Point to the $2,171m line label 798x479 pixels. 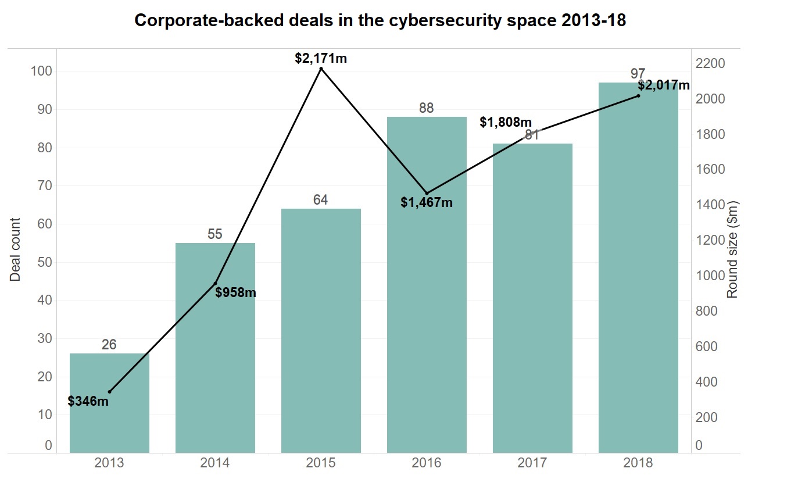click(x=321, y=58)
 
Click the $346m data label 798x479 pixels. click(x=88, y=401)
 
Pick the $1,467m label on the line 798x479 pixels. click(x=427, y=203)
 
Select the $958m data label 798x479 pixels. click(x=235, y=292)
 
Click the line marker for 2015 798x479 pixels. click(x=321, y=69)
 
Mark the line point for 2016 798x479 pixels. click(x=427, y=193)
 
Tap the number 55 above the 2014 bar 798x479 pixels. click(x=215, y=234)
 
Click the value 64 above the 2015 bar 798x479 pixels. click(x=321, y=200)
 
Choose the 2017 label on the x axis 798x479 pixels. click(x=532, y=463)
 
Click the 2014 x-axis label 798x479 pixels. click(x=215, y=463)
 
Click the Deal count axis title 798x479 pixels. click(x=16, y=249)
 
